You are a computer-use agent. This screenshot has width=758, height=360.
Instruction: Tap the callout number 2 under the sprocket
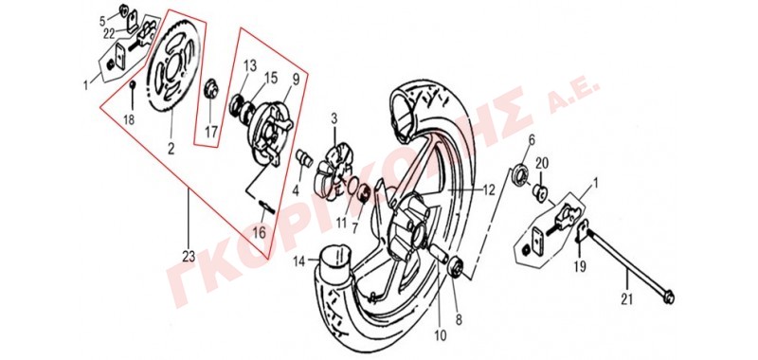[x=171, y=149]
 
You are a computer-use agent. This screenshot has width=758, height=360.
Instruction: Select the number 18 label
[x=129, y=119]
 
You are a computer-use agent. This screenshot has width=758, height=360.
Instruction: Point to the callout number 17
[x=211, y=131]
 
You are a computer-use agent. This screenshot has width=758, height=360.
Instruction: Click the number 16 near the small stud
[x=259, y=232]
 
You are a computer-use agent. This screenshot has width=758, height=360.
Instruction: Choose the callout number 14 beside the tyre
[x=299, y=261]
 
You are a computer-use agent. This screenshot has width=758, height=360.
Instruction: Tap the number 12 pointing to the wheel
[x=489, y=189]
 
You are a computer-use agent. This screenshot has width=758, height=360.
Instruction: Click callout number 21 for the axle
[x=626, y=300]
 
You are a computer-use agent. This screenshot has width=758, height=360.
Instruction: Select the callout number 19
[x=580, y=266]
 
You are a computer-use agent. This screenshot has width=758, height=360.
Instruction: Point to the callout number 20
[x=541, y=163]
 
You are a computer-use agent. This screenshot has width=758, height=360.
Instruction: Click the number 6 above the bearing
[x=532, y=140]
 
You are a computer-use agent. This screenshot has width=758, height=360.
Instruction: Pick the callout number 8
[x=459, y=319]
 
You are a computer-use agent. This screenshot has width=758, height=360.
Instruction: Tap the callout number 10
[x=440, y=333]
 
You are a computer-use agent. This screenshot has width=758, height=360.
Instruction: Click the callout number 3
[x=334, y=118]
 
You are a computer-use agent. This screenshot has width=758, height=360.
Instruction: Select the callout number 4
[x=296, y=190]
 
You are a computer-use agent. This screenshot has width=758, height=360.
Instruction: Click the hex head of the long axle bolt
[x=669, y=298]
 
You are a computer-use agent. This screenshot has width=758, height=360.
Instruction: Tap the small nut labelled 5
[x=124, y=9]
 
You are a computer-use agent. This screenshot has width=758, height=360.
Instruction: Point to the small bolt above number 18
[x=132, y=85]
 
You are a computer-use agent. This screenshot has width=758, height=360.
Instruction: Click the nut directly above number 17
[x=210, y=89]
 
